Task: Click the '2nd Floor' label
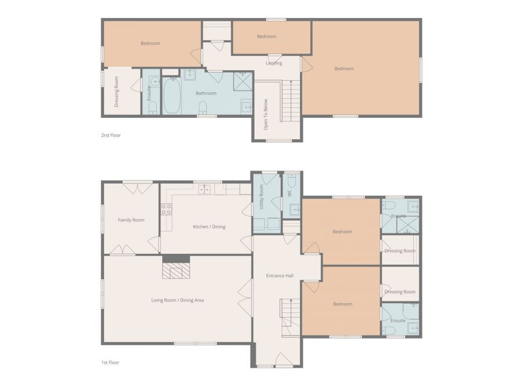[111, 135]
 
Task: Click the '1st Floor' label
[110, 362]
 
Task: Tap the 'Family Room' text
[131, 220]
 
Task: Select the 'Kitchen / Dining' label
[209, 226]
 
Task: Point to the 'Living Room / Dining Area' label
[177, 300]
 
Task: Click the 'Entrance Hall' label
[280, 276]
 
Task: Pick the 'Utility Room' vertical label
[261, 197]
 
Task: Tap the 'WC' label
[289, 193]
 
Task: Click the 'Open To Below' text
[266, 114]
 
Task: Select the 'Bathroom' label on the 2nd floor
[206, 93]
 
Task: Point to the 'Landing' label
[274, 63]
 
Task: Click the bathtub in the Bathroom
[172, 96]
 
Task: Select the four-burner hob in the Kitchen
[166, 209]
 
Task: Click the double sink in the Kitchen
[204, 189]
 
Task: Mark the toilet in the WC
[292, 181]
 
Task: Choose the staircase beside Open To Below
[291, 101]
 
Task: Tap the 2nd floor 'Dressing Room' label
[116, 92]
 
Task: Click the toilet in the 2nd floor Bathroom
[203, 107]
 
